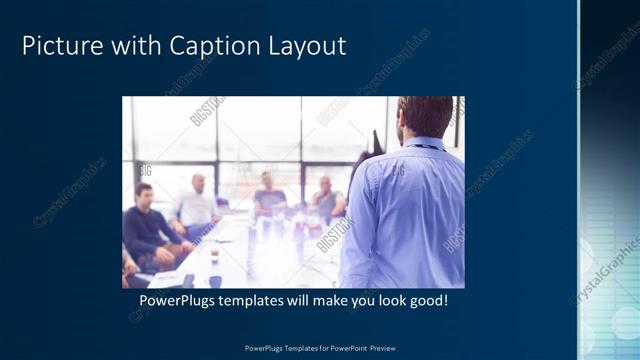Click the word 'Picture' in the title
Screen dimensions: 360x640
pyautogui.click(x=58, y=46)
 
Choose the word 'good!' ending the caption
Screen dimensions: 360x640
pyautogui.click(x=439, y=300)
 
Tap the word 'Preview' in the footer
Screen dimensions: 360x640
pyautogui.click(x=382, y=348)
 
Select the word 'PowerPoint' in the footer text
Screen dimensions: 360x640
pyautogui.click(x=342, y=348)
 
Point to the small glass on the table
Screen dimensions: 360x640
pyautogui.click(x=213, y=256)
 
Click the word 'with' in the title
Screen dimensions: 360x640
pyautogui.click(x=120, y=46)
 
